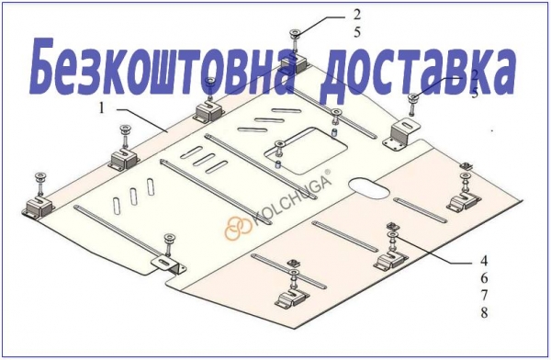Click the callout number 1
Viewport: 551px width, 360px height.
[x=102, y=108]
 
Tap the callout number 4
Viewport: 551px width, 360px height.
[x=484, y=261]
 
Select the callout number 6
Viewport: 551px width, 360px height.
[x=484, y=278]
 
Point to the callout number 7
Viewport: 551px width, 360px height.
[x=484, y=296]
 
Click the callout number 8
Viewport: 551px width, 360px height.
[x=484, y=312]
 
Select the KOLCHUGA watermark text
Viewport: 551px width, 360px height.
[x=291, y=199]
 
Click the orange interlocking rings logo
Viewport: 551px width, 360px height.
[x=238, y=228]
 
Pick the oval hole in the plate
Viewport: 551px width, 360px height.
[x=369, y=186]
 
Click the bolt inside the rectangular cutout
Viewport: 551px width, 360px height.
[x=280, y=149]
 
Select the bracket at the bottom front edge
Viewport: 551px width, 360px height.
[x=169, y=265]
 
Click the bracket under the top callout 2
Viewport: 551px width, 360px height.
[x=297, y=64]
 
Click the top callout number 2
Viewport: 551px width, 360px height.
[x=357, y=15]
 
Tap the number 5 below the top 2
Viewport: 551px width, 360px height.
[x=357, y=32]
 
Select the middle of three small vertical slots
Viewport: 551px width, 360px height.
[x=133, y=197]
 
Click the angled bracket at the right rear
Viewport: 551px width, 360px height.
[x=401, y=134]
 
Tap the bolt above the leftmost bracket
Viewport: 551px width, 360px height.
[x=39, y=183]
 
